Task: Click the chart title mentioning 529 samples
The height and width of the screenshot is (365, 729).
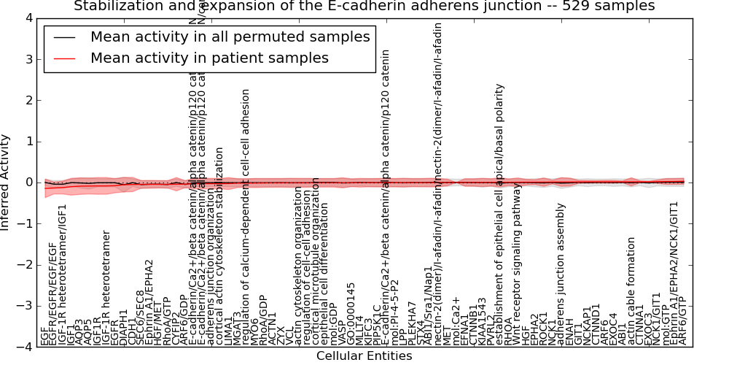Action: coord(364,7)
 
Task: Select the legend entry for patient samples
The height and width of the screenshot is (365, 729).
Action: coord(209,58)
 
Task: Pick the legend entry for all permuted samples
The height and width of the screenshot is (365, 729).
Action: coord(230,37)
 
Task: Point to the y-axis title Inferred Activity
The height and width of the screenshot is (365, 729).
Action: coord(6,182)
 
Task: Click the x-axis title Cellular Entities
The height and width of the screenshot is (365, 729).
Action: coord(364,356)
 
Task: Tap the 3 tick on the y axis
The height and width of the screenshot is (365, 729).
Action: coord(29,59)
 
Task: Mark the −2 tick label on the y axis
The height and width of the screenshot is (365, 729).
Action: coord(26,265)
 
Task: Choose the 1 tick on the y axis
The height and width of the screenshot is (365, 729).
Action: coord(29,142)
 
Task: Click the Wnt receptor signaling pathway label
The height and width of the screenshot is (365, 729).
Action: coord(518,264)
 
